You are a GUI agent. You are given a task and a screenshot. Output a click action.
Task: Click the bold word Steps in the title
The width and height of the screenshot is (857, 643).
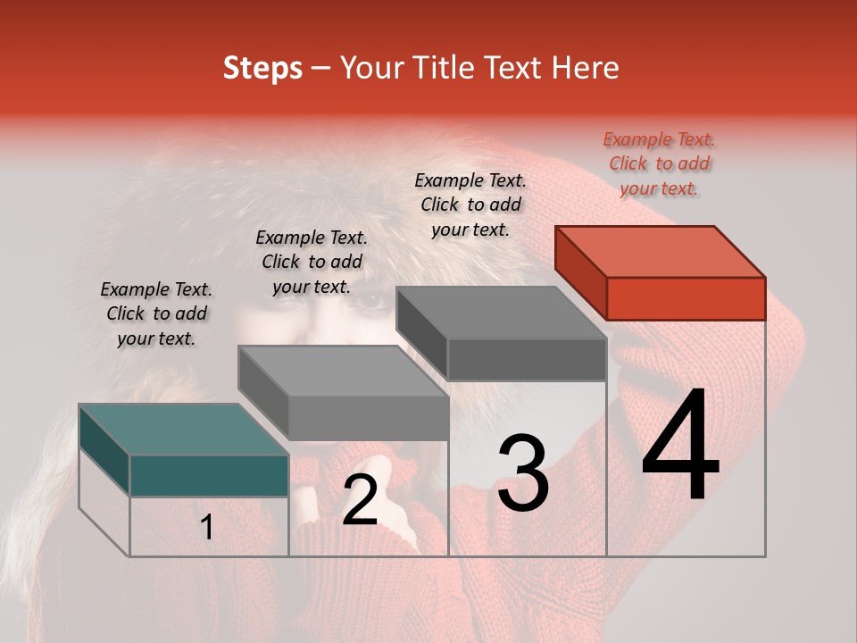pos(262,68)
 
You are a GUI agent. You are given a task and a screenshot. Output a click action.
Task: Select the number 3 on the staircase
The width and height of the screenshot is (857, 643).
pos(522,473)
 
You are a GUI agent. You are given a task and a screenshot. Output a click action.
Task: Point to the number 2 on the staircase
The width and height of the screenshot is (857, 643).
pos(360,501)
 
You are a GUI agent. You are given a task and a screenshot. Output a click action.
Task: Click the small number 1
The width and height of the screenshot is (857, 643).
pos(206,528)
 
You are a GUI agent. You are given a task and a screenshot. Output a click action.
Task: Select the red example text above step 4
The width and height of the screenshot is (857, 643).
pos(660,164)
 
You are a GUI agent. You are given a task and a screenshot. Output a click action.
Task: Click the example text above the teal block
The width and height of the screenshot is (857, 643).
pos(156,314)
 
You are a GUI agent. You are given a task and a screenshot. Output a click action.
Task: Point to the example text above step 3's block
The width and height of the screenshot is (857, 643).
pos(470,205)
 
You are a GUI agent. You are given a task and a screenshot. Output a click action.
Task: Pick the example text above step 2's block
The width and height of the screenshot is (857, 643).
pos(312,263)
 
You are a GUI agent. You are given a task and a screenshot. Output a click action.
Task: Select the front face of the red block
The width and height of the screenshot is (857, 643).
pos(686,298)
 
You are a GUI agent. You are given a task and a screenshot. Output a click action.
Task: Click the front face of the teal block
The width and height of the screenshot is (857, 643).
pos(209,475)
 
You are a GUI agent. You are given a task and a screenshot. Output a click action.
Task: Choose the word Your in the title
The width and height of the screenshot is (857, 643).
pos(371,68)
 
